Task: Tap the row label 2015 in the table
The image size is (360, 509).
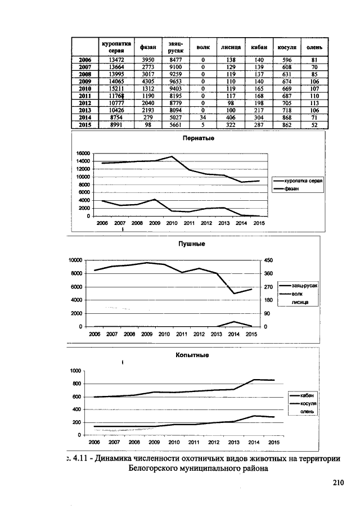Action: pyautogui.click(x=85, y=126)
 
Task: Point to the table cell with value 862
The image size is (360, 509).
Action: pyautogui.click(x=287, y=126)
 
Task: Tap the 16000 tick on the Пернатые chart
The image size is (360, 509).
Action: pyautogui.click(x=83, y=153)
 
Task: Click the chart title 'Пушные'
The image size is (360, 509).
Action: pyautogui.click(x=195, y=244)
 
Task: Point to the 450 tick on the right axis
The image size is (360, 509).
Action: pyautogui.click(x=269, y=260)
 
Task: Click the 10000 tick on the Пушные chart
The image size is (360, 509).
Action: pyautogui.click(x=75, y=260)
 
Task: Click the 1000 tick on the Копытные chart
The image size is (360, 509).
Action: pyautogui.click(x=76, y=371)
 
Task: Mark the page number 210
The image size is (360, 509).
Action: pyautogui.click(x=337, y=482)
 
